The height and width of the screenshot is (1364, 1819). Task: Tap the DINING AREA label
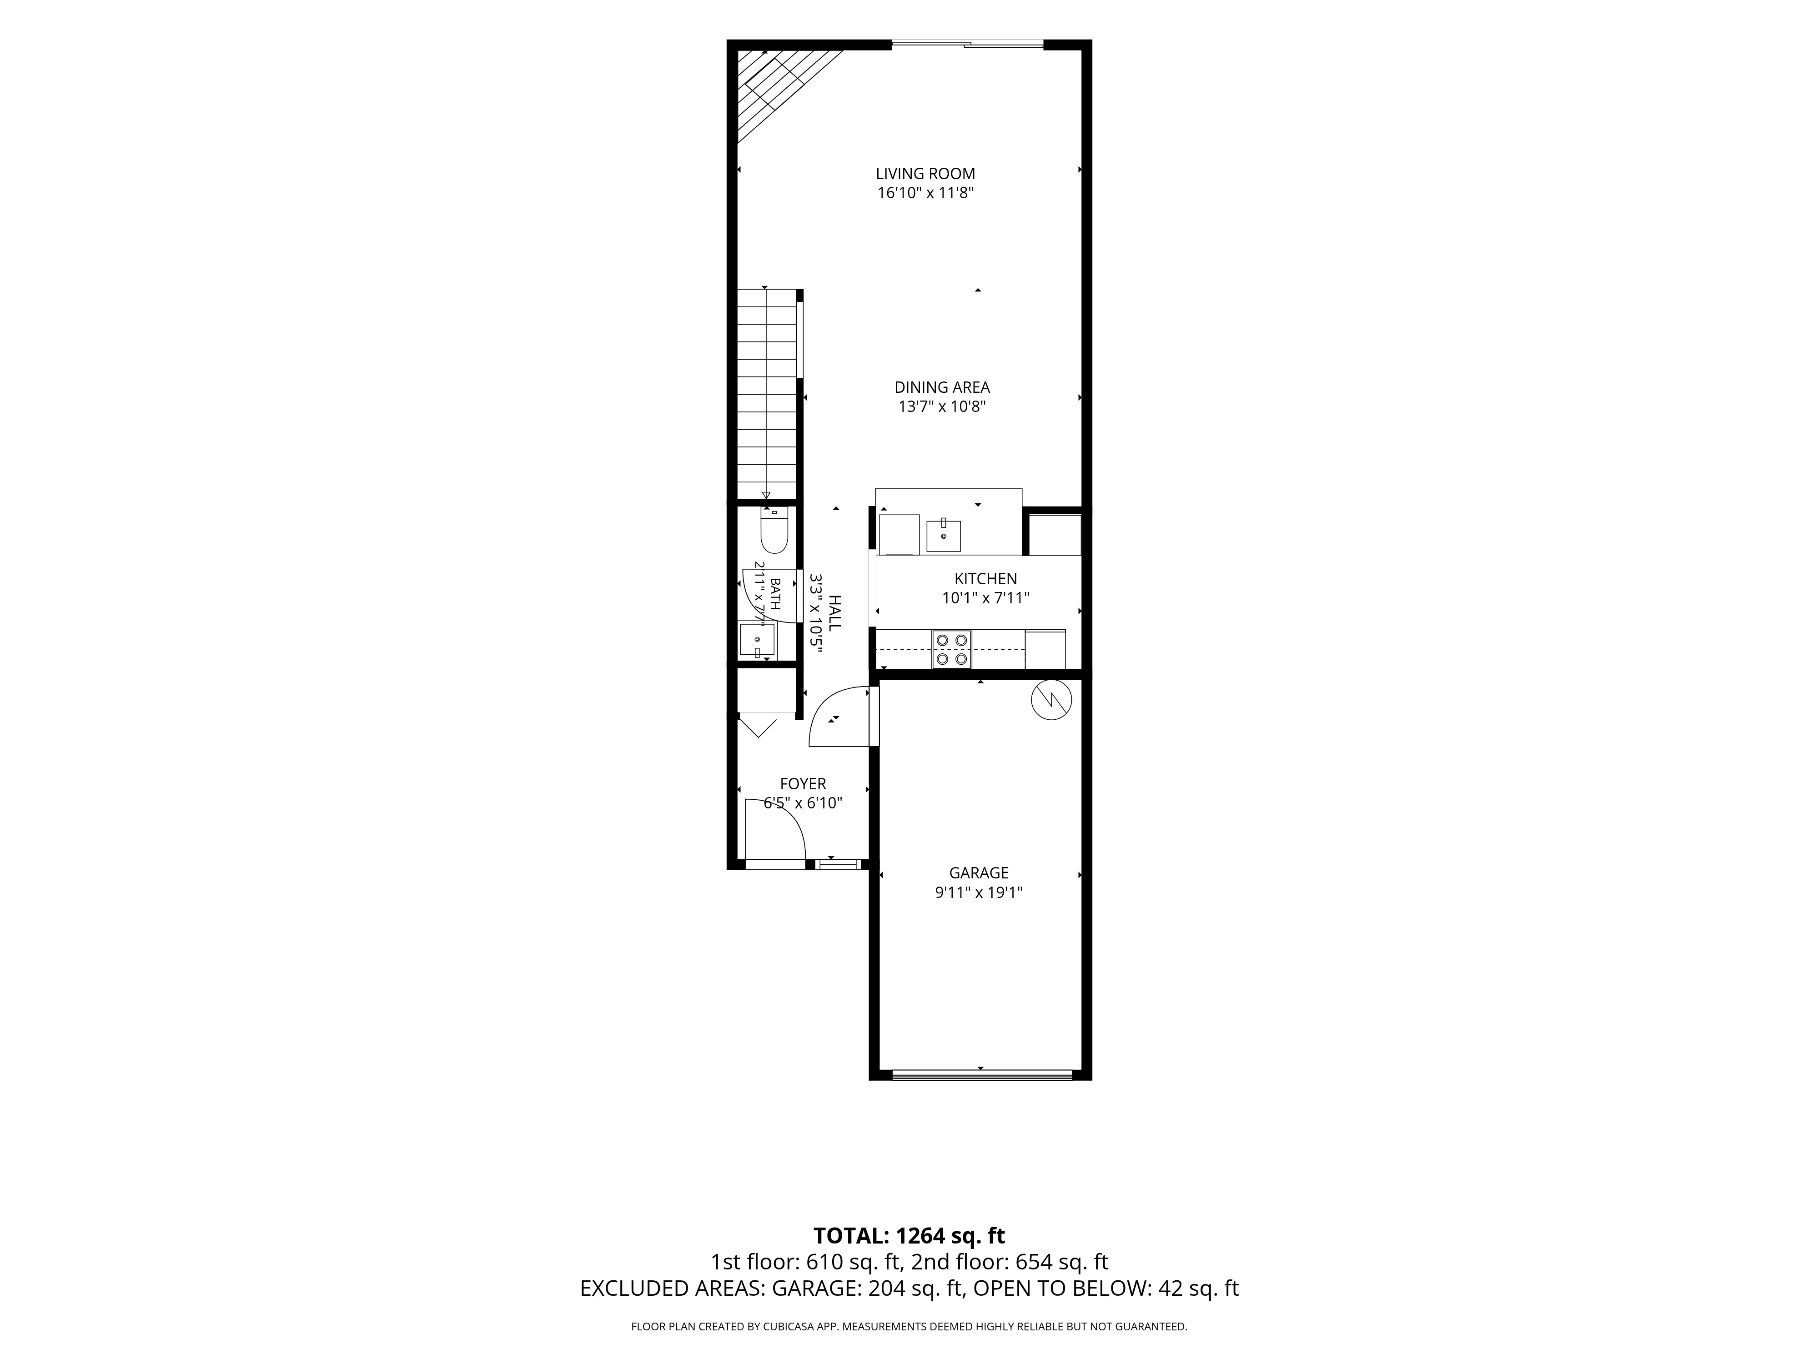click(x=942, y=387)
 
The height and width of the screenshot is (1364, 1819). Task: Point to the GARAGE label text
click(x=979, y=873)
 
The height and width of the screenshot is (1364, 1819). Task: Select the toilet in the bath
click(x=774, y=531)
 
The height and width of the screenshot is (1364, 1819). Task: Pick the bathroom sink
click(x=757, y=640)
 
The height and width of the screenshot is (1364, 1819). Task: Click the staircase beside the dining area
click(x=767, y=394)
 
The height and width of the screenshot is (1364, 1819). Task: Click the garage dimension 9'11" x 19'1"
click(x=979, y=892)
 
